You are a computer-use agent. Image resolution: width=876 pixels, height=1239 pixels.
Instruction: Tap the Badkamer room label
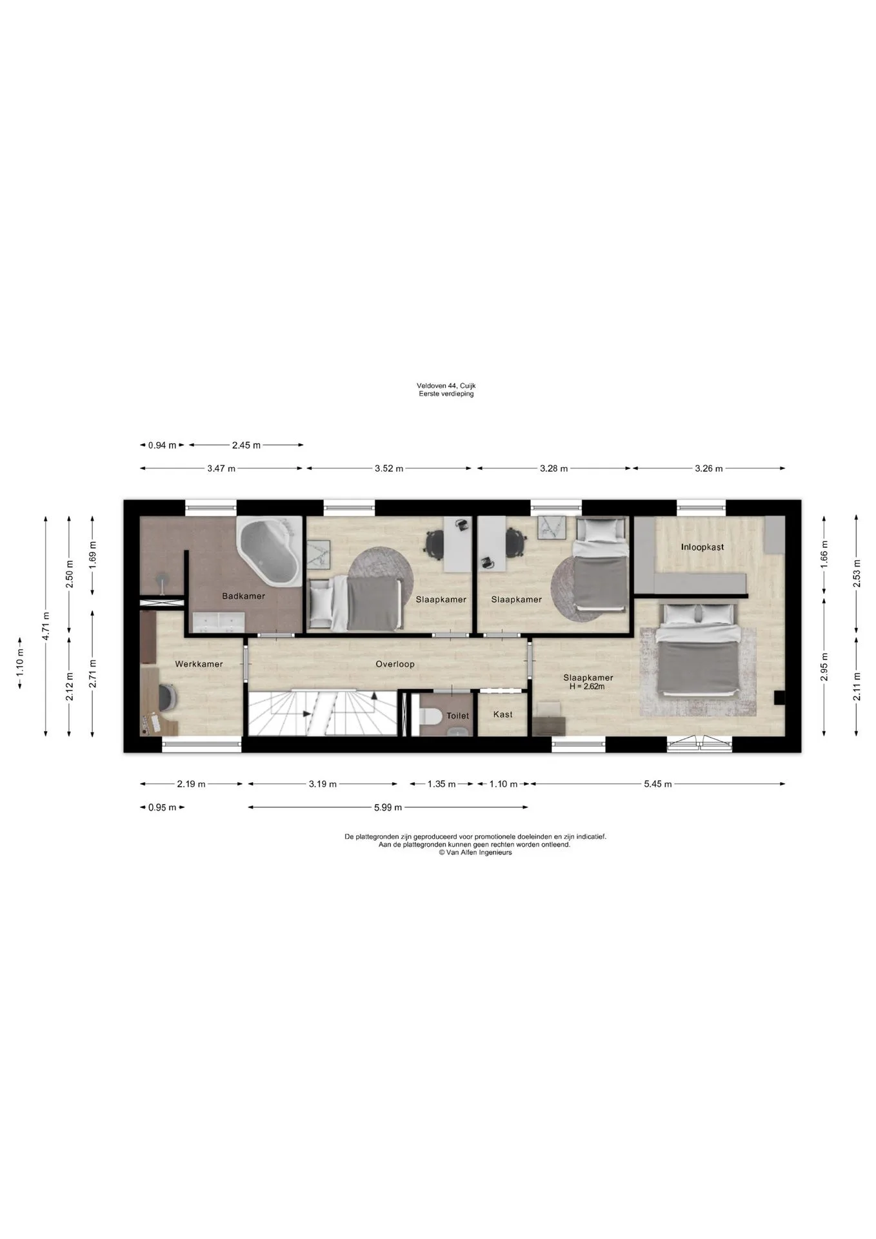tap(244, 596)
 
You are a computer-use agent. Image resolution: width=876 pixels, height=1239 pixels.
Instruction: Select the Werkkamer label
tap(199, 664)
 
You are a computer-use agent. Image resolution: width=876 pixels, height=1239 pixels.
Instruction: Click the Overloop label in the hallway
tap(395, 664)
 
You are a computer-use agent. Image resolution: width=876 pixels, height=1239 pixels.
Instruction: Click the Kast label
tap(503, 714)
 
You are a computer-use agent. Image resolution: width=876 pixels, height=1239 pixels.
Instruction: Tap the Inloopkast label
tap(702, 547)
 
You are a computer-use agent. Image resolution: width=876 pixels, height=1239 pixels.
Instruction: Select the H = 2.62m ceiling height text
tap(588, 687)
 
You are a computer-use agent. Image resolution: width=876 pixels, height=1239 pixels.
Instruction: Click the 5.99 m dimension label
tap(388, 807)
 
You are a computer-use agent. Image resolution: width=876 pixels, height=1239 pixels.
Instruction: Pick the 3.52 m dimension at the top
tap(389, 468)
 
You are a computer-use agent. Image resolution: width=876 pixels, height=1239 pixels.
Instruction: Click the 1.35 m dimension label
tap(442, 784)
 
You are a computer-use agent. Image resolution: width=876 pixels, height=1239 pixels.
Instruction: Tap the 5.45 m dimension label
tap(658, 784)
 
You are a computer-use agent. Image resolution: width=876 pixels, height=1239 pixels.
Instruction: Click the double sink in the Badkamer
tap(219, 622)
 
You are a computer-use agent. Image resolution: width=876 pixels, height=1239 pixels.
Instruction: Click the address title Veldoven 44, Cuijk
tap(446, 386)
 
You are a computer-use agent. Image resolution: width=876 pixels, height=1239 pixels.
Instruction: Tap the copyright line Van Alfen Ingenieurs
tap(475, 852)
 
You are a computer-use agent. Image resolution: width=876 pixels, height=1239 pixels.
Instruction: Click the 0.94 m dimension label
tap(162, 445)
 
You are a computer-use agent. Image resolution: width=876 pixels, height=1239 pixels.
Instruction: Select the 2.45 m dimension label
tap(246, 445)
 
